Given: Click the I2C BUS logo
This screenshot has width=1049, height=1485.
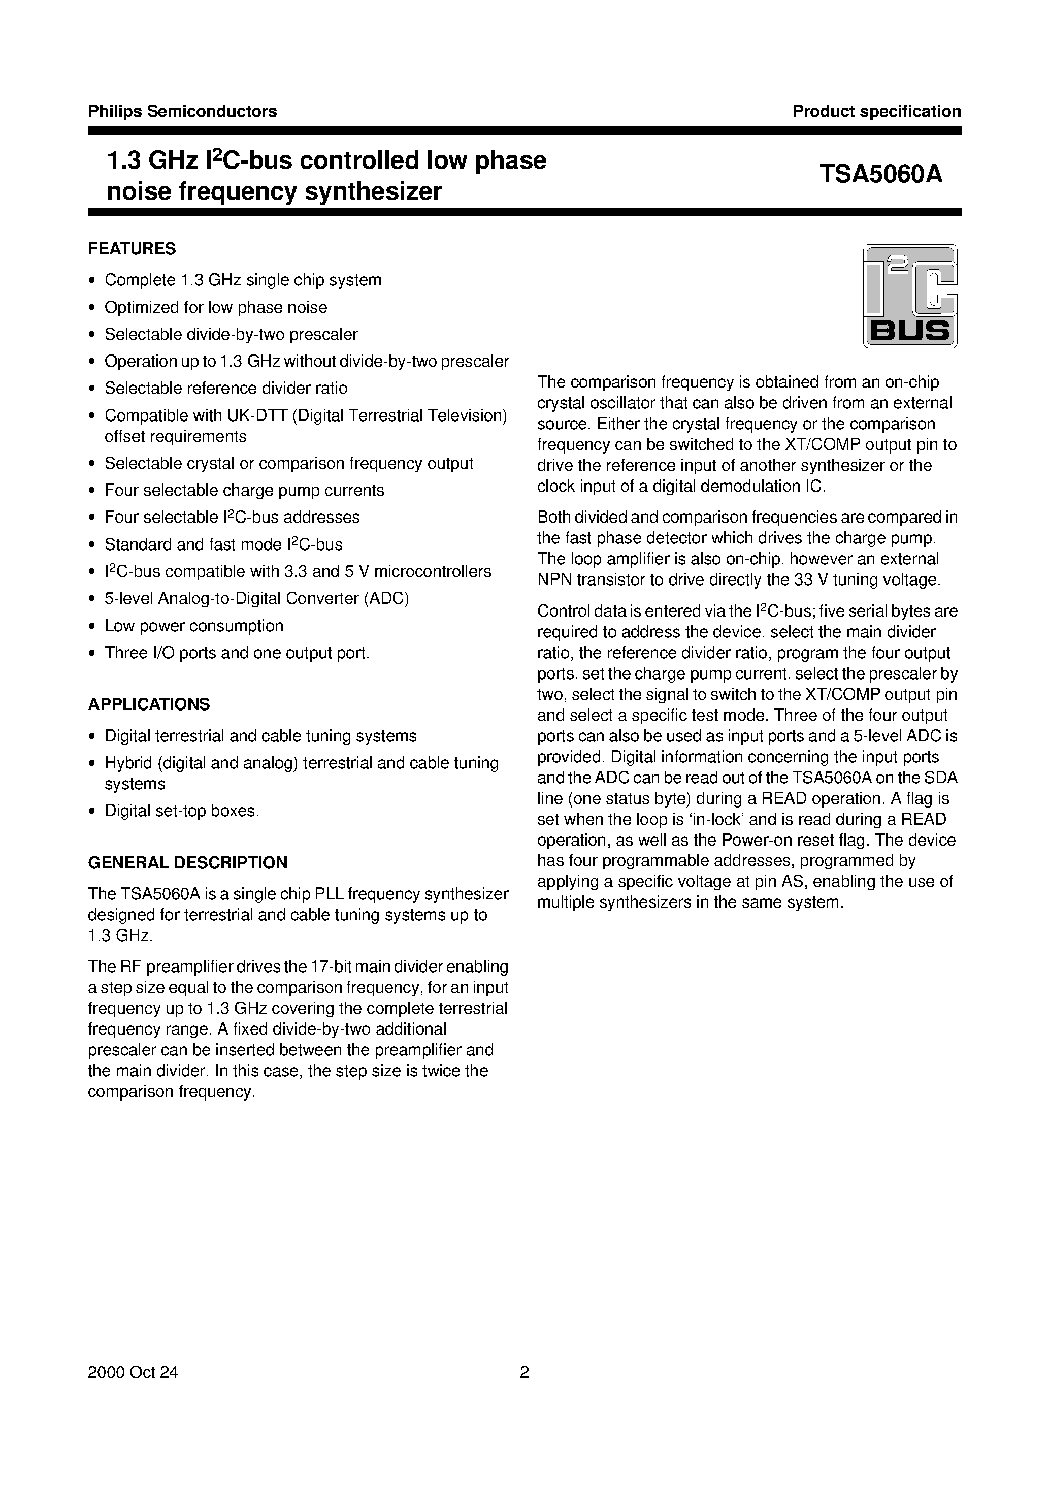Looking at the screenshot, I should pyautogui.click(x=910, y=296).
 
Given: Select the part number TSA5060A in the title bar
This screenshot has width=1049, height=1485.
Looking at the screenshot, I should pyautogui.click(x=881, y=174).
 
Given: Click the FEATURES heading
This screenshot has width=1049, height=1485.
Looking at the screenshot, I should pyautogui.click(x=132, y=249).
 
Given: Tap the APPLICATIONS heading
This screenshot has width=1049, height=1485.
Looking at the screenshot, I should pyautogui.click(x=149, y=704).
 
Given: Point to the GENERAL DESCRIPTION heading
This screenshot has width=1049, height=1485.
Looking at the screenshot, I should pyautogui.click(x=187, y=863).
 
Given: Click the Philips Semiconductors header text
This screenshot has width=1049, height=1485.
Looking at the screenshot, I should pyautogui.click(x=182, y=111).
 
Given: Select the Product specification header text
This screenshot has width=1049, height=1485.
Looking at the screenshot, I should pyautogui.click(x=876, y=111).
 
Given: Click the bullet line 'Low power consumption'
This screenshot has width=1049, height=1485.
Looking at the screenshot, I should pyautogui.click(x=194, y=626).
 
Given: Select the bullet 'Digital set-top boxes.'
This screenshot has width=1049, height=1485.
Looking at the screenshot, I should pyautogui.click(x=182, y=811).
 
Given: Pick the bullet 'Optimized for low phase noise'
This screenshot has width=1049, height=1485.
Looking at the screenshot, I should pyautogui.click(x=216, y=307).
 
